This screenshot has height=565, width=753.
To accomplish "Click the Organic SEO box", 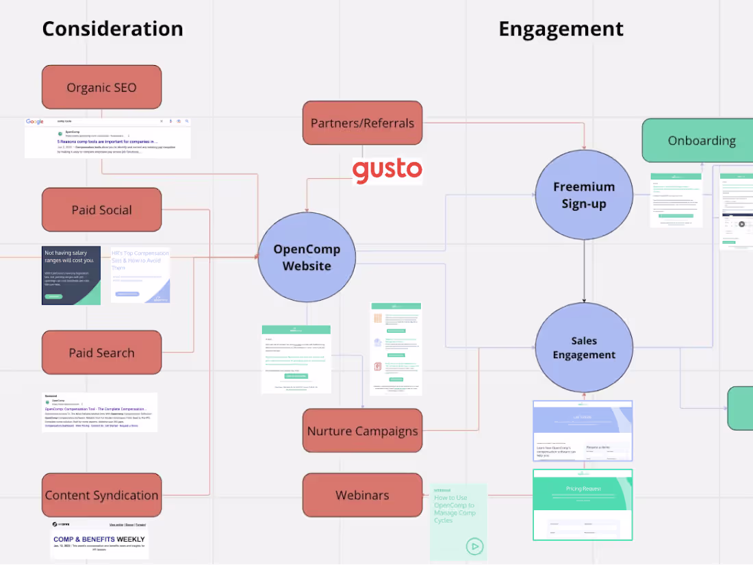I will click(x=101, y=88).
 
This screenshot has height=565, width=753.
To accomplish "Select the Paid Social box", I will click(x=101, y=210).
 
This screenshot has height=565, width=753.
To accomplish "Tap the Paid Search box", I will click(x=101, y=353).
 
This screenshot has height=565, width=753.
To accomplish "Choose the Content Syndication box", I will click(x=101, y=495).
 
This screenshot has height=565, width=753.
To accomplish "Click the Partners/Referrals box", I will click(x=362, y=123).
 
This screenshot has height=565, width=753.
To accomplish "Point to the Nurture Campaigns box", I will click(x=362, y=431).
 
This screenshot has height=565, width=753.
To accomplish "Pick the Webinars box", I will click(x=362, y=495).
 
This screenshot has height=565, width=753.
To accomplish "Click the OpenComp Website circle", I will click(x=307, y=258).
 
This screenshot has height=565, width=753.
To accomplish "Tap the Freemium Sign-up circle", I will click(x=584, y=195).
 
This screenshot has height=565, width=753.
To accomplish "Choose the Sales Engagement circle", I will click(x=584, y=348).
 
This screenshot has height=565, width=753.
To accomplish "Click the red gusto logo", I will click(x=387, y=171).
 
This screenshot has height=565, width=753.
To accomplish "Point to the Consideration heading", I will click(x=112, y=29).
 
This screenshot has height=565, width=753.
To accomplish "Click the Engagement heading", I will click(x=561, y=29).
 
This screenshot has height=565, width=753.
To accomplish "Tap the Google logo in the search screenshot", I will click(x=35, y=122).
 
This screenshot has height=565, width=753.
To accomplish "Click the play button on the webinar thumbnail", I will click(x=474, y=546).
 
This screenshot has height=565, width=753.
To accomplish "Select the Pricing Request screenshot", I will click(x=583, y=504).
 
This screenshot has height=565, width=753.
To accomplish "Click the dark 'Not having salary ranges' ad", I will click(x=71, y=275).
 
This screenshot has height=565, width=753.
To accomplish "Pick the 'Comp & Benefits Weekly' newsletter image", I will click(x=99, y=540).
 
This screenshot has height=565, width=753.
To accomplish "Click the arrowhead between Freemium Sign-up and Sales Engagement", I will click(x=584, y=299).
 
